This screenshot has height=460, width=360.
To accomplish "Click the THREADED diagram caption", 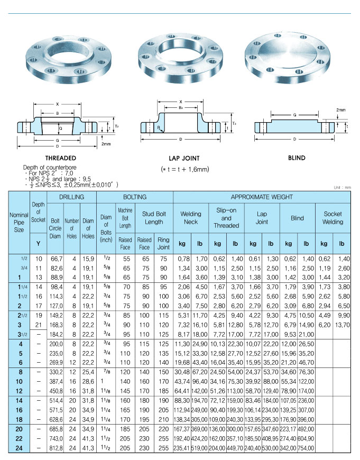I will point(60,158).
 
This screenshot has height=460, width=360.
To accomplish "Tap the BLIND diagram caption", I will point(297,158).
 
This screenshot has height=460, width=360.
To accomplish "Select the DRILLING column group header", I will point(72,197).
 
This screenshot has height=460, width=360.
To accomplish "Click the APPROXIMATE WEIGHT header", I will point(262,197).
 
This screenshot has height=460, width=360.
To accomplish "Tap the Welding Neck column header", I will point(191,218).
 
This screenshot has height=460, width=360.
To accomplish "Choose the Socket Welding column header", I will point(333,218).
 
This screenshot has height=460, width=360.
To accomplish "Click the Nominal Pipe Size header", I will point(19,222).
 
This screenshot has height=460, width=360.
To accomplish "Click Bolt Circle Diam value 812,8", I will point(55,448).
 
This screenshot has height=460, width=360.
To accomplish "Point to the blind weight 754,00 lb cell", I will point(306,448).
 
